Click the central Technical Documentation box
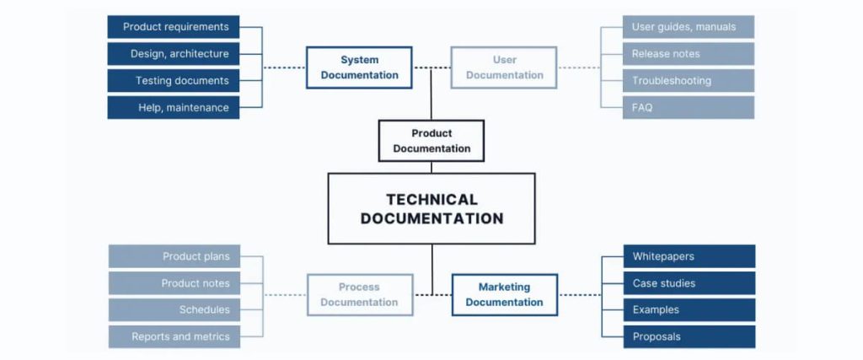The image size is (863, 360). (x=431, y=209)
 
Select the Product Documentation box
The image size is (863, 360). (x=431, y=141)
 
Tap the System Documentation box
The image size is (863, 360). (x=359, y=67)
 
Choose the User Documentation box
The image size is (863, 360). (x=504, y=67)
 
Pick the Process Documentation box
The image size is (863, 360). (x=359, y=294)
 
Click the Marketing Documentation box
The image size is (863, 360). (x=504, y=294)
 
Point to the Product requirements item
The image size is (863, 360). (x=174, y=27)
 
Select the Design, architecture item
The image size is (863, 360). (x=174, y=54)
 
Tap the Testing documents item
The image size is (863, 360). (x=174, y=81)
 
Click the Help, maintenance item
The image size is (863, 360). (x=174, y=108)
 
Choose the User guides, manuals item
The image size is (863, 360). (x=689, y=27)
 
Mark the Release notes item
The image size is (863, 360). (x=689, y=54)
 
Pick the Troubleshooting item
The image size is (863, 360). (x=689, y=81)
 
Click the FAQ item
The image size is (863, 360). (x=689, y=108)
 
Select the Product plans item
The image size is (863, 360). (x=174, y=256)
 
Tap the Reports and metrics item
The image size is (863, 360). (x=174, y=336)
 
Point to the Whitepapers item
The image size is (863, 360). (x=689, y=256)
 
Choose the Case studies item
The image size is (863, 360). (x=689, y=283)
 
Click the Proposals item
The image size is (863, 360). (x=689, y=336)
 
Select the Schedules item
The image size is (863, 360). (x=174, y=309)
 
